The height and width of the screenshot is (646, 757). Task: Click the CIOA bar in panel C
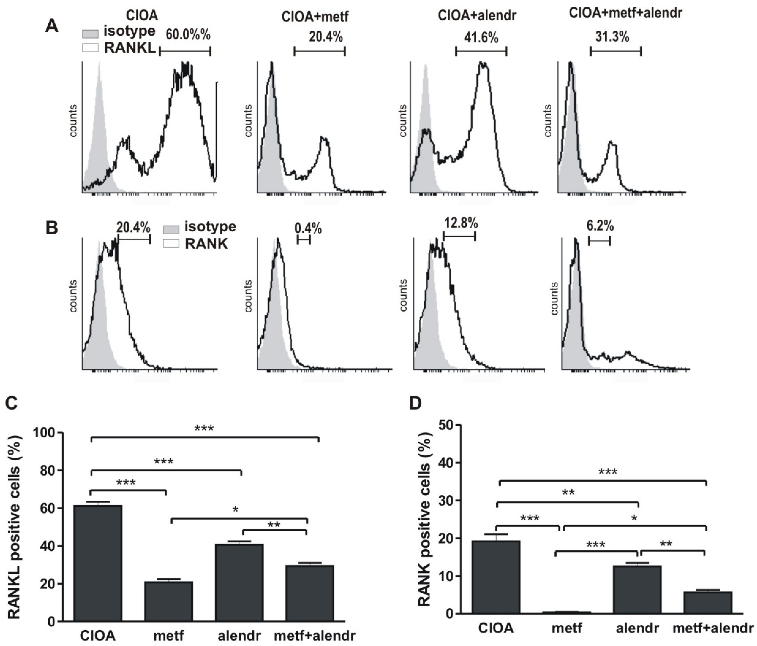tap(98, 563)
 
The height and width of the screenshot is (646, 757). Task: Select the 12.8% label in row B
tap(461, 223)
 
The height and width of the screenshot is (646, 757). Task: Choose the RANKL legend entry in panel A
tap(130, 48)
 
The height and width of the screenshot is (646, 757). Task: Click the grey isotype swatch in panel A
tap(90, 34)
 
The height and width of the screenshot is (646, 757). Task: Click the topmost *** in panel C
tap(204, 428)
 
